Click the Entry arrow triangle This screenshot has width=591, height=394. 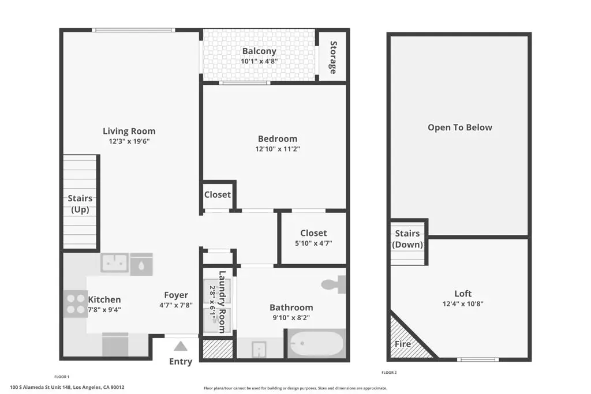point(181,346)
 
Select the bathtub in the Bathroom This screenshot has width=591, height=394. point(316,344)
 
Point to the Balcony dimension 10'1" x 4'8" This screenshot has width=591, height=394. point(259,61)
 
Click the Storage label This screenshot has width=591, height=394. point(333,57)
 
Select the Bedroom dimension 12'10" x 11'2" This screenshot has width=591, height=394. point(278,149)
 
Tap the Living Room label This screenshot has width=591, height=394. point(129,131)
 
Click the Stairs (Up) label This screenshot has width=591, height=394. point(80,204)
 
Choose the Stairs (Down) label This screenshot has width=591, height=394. point(407,239)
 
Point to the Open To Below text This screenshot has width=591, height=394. point(460,127)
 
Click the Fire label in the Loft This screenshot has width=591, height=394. point(402,344)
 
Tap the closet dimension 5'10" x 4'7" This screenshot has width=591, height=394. point(313,243)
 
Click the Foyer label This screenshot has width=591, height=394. point(176,295)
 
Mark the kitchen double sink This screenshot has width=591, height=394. point(115,263)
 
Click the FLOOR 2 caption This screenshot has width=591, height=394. point(390,373)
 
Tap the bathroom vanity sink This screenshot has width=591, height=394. point(259,349)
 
